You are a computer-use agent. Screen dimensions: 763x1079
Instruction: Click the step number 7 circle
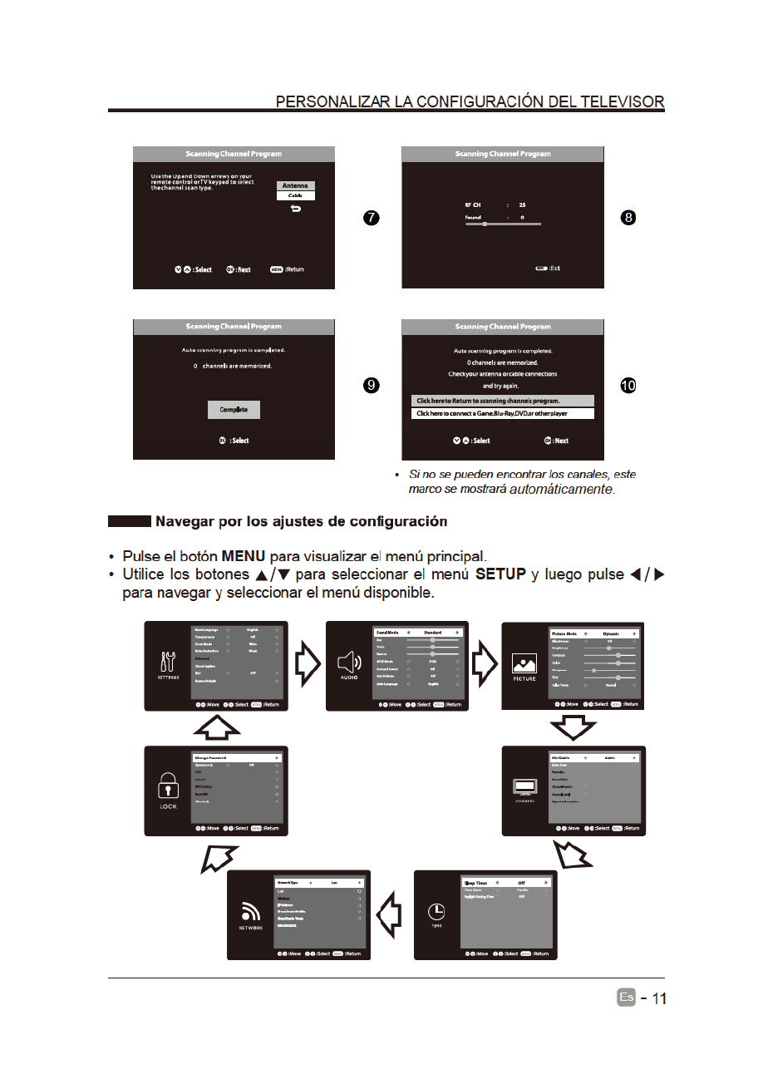pyautogui.click(x=372, y=218)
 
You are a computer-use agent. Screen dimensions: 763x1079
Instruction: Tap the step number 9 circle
pyautogui.click(x=372, y=385)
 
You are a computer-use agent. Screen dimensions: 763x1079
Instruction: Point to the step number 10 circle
pyautogui.click(x=628, y=385)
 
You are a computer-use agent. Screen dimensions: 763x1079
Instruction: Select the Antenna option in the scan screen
pyautogui.click(x=295, y=185)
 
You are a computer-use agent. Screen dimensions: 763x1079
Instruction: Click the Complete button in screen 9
pyautogui.click(x=234, y=410)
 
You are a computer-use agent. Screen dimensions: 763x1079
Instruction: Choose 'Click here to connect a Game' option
pyautogui.click(x=502, y=413)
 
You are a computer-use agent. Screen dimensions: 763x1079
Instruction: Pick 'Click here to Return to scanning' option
pyautogui.click(x=502, y=401)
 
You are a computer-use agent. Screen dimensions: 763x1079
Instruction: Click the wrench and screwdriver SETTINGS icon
pyautogui.click(x=168, y=662)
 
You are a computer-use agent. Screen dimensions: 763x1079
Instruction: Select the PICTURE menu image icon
pyautogui.click(x=524, y=663)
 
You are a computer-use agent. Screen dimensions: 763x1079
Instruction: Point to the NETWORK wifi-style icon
pyautogui.click(x=251, y=911)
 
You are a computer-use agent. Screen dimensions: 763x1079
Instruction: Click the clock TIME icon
pyautogui.click(x=437, y=911)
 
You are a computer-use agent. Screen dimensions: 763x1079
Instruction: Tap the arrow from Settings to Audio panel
pyautogui.click(x=307, y=665)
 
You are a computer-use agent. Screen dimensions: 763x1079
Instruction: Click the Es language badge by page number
pyautogui.click(x=626, y=998)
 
